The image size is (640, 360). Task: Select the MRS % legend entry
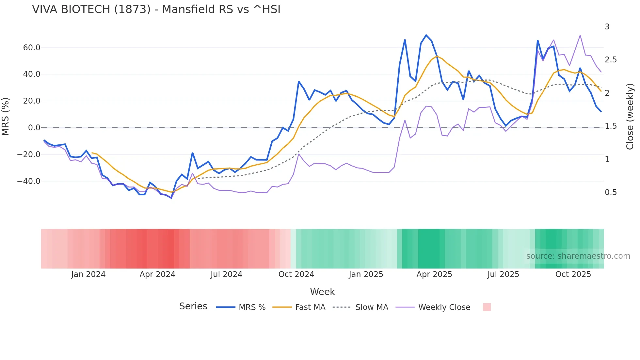point(252,307)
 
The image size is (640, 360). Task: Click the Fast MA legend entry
point(310,307)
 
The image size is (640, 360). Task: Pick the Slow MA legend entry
point(372,307)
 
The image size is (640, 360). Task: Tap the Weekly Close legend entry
point(444,307)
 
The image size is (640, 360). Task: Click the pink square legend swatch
point(487,307)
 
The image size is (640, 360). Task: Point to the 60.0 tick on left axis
point(32,48)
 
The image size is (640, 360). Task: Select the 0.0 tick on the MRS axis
point(34,128)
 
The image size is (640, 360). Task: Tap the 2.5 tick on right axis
point(611,60)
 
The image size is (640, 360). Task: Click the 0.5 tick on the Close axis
point(611,192)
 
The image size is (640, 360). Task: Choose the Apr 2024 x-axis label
point(157,274)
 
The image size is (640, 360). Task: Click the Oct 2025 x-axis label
point(573,274)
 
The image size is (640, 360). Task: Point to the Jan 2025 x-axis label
point(366,274)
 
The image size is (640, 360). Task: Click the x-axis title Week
point(322,292)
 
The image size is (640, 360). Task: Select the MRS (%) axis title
point(5,117)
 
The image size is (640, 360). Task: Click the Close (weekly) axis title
point(630,117)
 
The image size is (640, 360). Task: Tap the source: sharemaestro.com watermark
point(578,256)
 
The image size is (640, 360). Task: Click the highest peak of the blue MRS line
point(426,35)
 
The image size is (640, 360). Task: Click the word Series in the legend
point(193,306)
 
